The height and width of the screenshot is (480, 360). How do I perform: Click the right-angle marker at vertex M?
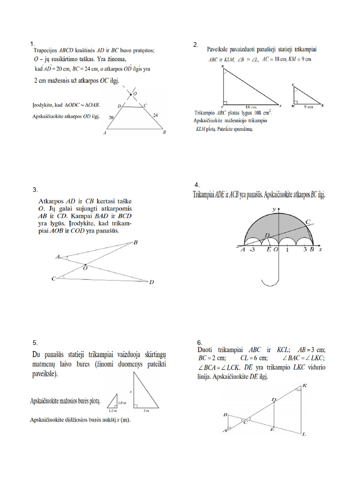coord(296,103)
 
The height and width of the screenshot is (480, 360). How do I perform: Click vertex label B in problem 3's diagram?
coord(135,242)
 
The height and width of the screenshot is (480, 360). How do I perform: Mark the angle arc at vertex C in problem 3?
coord(64,278)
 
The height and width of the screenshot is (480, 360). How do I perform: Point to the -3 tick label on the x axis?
coord(252,250)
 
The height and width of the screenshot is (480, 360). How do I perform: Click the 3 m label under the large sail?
coord(146,410)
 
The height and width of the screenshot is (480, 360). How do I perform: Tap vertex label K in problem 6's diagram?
coord(305,385)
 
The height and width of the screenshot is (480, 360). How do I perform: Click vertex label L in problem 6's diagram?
coord(304,435)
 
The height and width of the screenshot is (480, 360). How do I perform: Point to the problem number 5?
coord(35,342)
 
